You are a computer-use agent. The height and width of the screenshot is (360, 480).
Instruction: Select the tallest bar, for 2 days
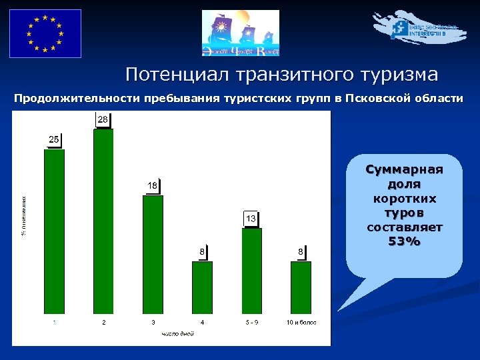(x=103, y=221)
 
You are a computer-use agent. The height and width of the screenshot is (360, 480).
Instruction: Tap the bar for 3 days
(x=153, y=254)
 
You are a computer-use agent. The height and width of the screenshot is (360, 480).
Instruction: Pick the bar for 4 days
(x=202, y=287)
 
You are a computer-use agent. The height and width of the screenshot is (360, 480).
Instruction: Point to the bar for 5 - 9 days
(x=251, y=271)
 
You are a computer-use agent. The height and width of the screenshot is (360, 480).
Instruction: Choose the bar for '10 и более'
(x=301, y=287)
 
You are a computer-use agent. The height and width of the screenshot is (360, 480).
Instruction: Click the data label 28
(x=103, y=119)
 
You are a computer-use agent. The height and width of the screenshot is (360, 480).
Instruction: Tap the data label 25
(x=54, y=139)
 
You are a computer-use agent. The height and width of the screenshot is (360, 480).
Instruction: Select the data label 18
(x=153, y=185)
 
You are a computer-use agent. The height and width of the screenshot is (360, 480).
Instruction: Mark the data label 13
(x=251, y=219)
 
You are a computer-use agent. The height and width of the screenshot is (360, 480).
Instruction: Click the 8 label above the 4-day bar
(x=202, y=251)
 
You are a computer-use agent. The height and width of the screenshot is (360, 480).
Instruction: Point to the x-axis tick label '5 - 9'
(x=252, y=323)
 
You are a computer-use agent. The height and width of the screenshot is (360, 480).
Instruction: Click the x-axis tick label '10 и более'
(x=301, y=323)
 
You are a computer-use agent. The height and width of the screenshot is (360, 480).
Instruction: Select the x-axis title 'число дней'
(x=177, y=333)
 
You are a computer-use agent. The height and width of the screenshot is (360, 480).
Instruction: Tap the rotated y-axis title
(x=24, y=215)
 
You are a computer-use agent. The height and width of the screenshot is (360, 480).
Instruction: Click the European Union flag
(x=45, y=33)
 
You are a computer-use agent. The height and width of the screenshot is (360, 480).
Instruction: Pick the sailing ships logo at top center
(x=241, y=33)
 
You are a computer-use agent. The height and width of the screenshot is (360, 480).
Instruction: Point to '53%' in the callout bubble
(x=405, y=241)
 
